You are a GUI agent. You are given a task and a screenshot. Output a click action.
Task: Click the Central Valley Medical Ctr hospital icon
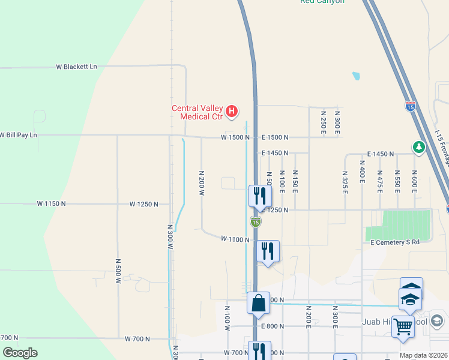pyautogui.click(x=231, y=111)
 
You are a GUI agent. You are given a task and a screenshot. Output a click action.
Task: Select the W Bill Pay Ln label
pyautogui.click(x=18, y=135)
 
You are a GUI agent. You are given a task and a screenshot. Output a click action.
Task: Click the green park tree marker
pyautogui.click(x=418, y=146)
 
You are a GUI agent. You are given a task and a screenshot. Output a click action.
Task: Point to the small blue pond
pyautogui.click(x=356, y=76)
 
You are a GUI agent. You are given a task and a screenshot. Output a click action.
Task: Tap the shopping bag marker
pyautogui.click(x=258, y=303)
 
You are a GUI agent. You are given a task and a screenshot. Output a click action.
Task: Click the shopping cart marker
pyautogui.click(x=403, y=327)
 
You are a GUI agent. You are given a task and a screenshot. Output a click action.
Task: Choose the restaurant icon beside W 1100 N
pyautogui.click(x=268, y=251)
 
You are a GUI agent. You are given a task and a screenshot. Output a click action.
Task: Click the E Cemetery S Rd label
pyautogui.click(x=394, y=242)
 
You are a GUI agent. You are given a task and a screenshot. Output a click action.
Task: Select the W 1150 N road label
pyautogui.click(x=51, y=204)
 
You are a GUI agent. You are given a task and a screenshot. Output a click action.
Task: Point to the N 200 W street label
pyautogui.click(x=202, y=182)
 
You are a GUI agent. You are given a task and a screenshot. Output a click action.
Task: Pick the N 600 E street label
pyautogui.click(x=414, y=181)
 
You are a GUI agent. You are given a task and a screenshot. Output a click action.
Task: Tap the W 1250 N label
pyautogui.click(x=143, y=204)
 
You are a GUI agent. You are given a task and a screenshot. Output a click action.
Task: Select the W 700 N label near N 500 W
pyautogui.click(x=137, y=339)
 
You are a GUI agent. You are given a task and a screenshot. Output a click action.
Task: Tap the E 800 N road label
pyautogui.click(x=273, y=326)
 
